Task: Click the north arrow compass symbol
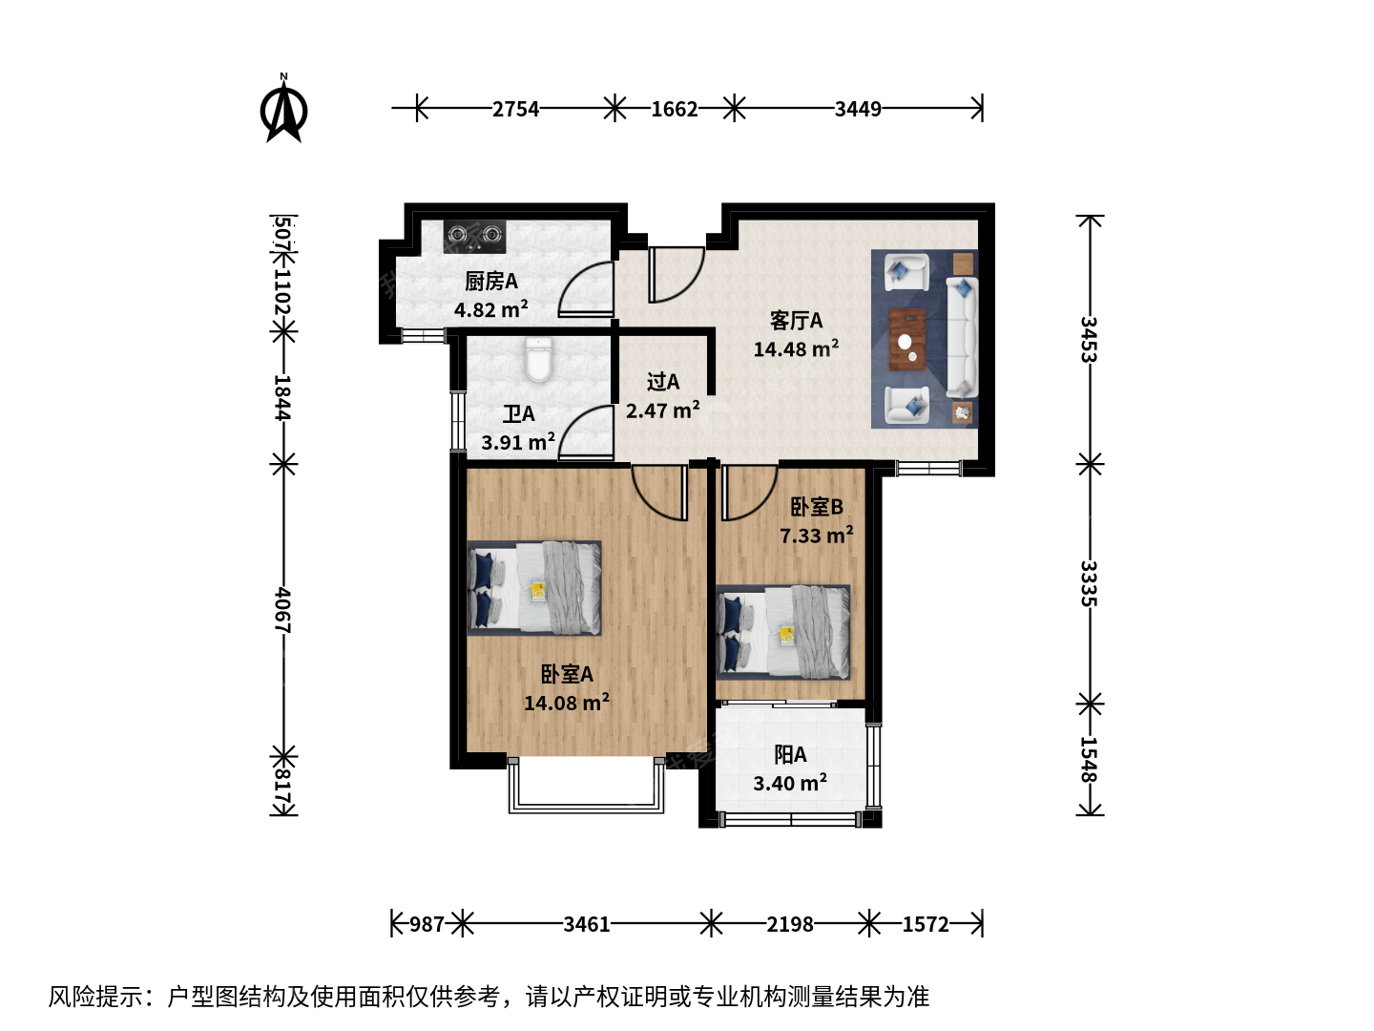283,109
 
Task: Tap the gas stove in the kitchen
474,237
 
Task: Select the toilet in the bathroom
538,359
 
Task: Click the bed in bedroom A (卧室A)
534,588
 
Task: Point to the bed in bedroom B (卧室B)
783,632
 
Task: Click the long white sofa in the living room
962,338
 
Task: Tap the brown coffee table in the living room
907,340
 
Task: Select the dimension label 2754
515,110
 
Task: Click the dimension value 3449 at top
858,110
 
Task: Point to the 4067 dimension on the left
283,610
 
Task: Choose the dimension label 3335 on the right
1090,583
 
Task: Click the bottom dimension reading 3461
587,924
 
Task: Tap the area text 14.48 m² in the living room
796,348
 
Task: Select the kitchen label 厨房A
491,282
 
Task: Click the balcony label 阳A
790,755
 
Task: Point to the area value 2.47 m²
663,410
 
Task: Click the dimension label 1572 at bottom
926,924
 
